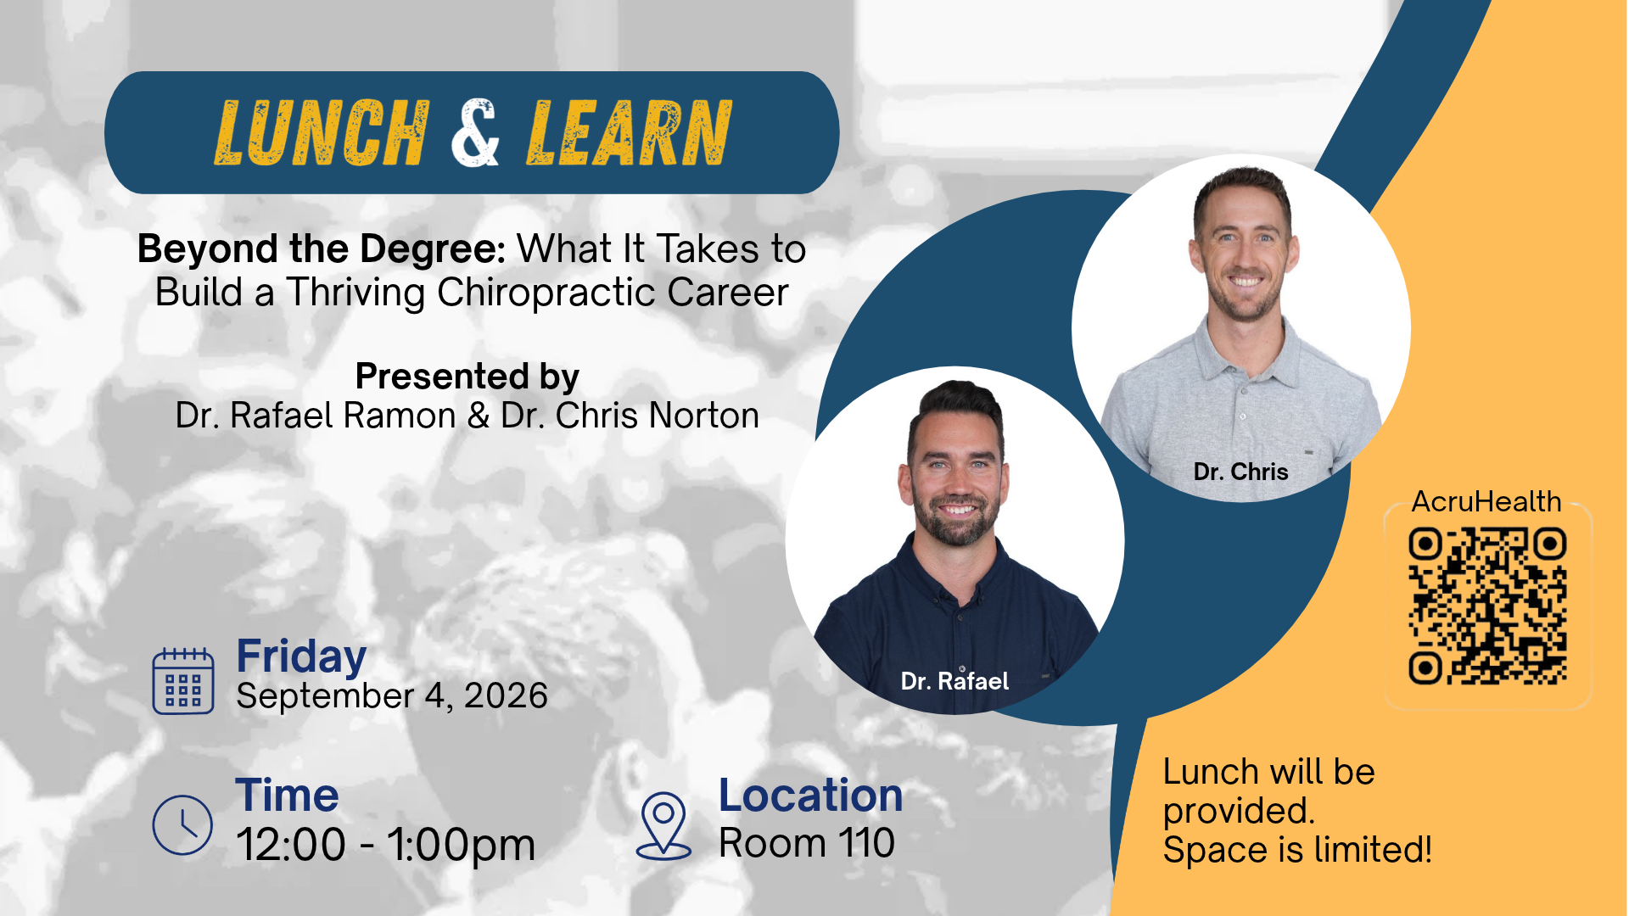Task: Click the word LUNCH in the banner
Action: pos(322,132)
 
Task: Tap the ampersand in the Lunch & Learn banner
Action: pos(475,132)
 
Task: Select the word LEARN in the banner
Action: pos(629,132)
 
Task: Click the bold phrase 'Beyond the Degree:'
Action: pos(322,250)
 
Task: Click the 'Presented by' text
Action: pos(467,377)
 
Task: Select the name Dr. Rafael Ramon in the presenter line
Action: pos(316,416)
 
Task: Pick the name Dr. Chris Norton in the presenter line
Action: pos(630,416)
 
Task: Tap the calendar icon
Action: pos(183,681)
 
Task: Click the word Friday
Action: pos(301,657)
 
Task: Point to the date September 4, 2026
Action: pos(392,696)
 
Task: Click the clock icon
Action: pos(182,824)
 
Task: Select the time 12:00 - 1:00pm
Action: pos(386,845)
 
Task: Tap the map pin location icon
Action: pos(663,826)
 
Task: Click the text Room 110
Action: pos(807,843)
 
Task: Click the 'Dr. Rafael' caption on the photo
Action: pos(954,681)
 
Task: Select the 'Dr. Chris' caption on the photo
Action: pos(1240,472)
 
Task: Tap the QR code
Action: pos(1487,606)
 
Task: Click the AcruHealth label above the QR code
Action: pos(1486,501)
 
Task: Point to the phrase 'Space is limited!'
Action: pos(1298,849)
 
